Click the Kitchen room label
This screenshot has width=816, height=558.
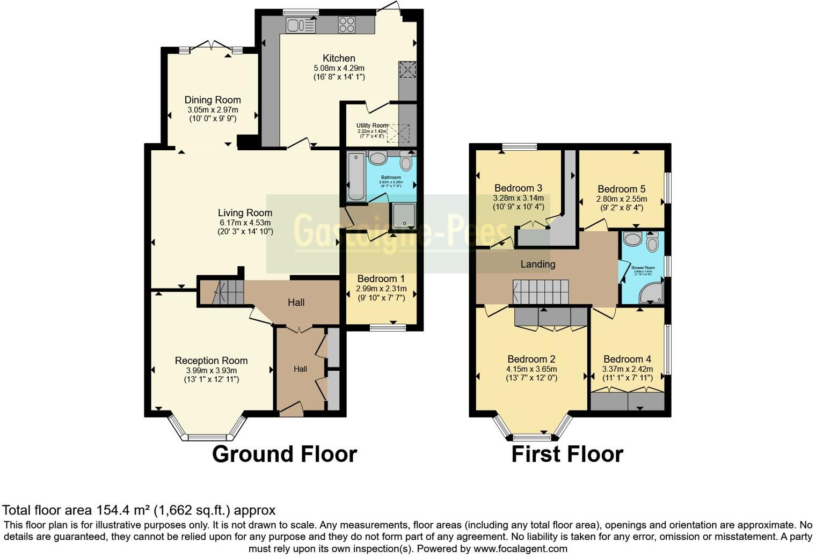[x=339, y=58]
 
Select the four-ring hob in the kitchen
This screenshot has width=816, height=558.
[x=347, y=25]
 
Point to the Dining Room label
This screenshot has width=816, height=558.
[x=213, y=100]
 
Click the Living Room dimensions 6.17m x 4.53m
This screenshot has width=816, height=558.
[x=245, y=223]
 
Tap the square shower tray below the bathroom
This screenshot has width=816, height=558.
[x=403, y=216]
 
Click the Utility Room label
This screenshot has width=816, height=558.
[x=371, y=126]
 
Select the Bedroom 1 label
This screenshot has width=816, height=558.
[x=381, y=278]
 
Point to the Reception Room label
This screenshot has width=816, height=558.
[x=211, y=361]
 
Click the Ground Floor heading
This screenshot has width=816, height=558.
[x=285, y=454]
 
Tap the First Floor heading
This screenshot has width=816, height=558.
[x=567, y=454]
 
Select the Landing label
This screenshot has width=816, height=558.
[x=537, y=264]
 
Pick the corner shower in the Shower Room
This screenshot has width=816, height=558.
[x=652, y=293]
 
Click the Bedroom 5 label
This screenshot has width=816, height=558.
[x=621, y=189]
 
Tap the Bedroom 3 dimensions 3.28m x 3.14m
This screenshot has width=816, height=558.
[x=518, y=198]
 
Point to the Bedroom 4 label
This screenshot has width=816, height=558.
[x=627, y=359]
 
